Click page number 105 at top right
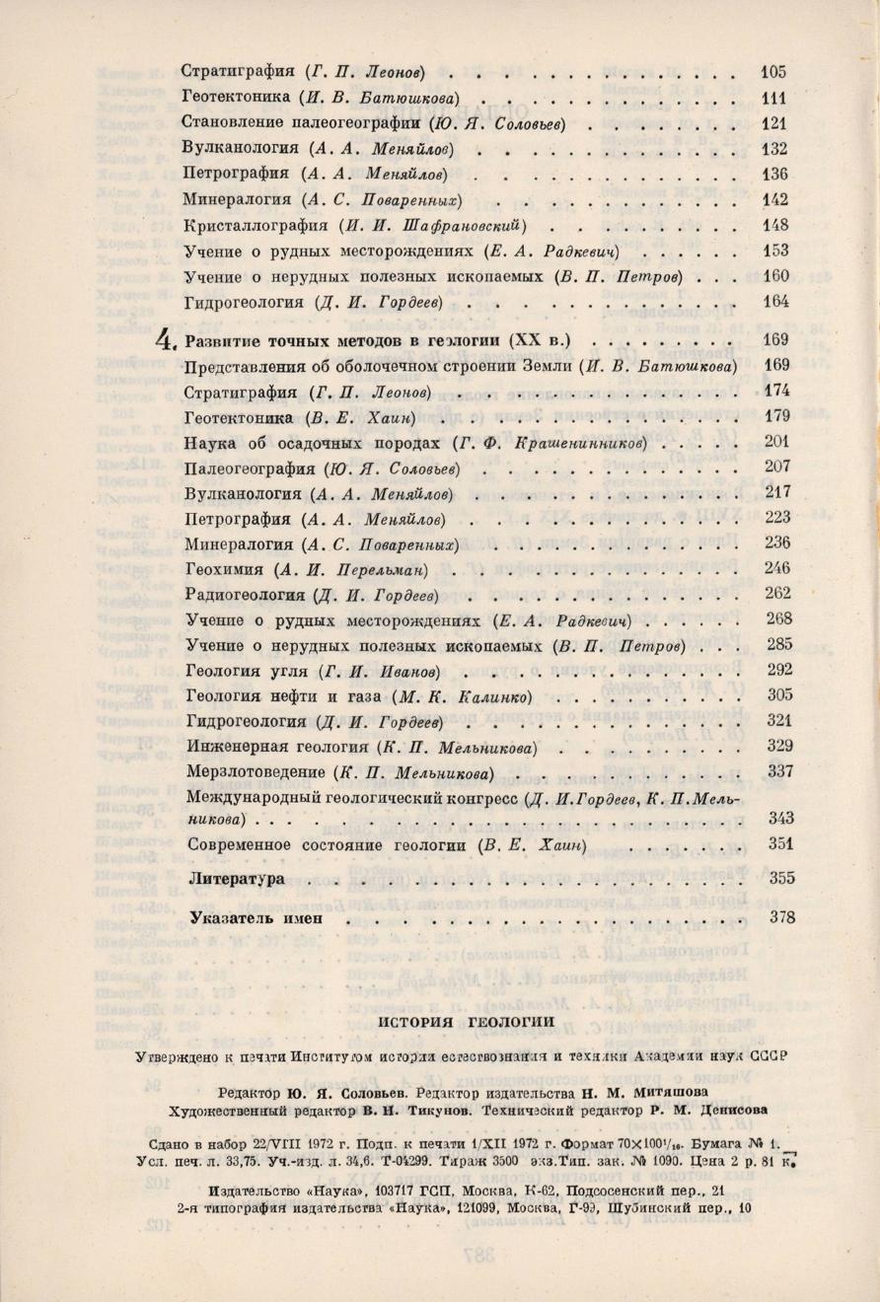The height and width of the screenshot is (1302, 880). pos(773,71)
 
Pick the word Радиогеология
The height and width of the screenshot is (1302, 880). pos(244,595)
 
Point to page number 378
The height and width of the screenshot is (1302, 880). pos(781,917)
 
